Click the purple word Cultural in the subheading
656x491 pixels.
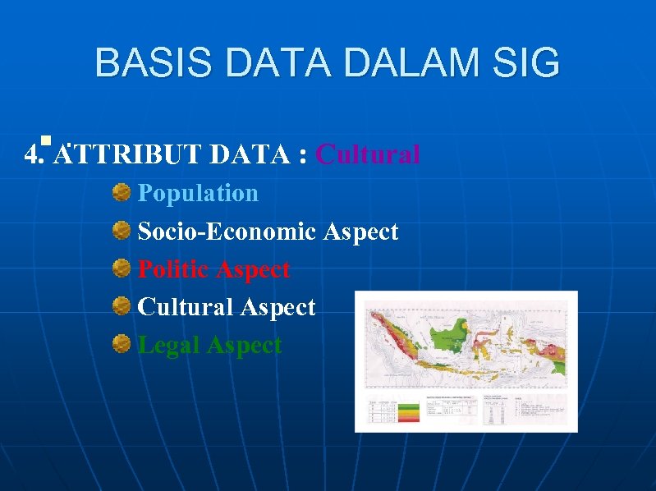(368, 154)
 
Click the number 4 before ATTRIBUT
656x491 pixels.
(30, 154)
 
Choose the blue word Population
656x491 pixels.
(198, 193)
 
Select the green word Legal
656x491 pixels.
(169, 345)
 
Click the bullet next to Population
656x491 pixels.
(122, 193)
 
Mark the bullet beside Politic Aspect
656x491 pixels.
(122, 269)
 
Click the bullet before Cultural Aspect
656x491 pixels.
(122, 307)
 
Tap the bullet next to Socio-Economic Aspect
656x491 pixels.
(122, 232)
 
